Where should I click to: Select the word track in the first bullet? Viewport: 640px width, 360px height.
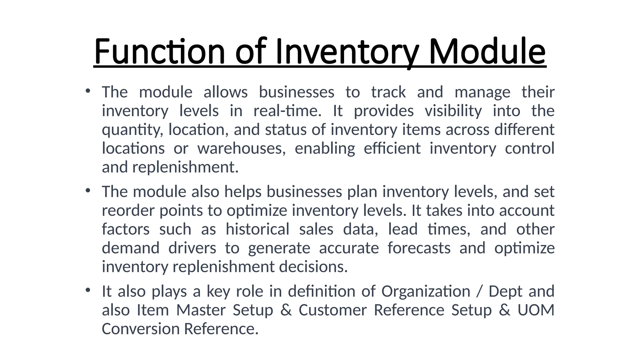[x=388, y=92]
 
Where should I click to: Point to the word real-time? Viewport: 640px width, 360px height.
[x=287, y=111]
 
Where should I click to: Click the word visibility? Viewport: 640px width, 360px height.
[x=453, y=111]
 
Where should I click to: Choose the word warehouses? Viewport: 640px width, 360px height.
[x=241, y=148]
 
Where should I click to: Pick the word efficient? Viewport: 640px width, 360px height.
[x=392, y=148]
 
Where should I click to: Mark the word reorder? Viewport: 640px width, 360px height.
[x=128, y=211]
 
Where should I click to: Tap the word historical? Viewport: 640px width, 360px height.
[x=257, y=229]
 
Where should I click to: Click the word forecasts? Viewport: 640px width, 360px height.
[x=419, y=248]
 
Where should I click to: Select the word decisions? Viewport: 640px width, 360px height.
[x=313, y=267]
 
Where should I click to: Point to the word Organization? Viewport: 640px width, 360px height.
[x=426, y=292]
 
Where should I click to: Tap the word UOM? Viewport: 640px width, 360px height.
[x=536, y=310]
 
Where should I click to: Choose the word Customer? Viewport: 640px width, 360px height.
[x=332, y=310]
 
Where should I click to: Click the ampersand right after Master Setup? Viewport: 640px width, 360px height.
[x=286, y=310]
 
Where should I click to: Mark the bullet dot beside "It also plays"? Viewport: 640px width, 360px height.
[x=88, y=290]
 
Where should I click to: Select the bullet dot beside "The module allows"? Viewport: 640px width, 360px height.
[x=88, y=91]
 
